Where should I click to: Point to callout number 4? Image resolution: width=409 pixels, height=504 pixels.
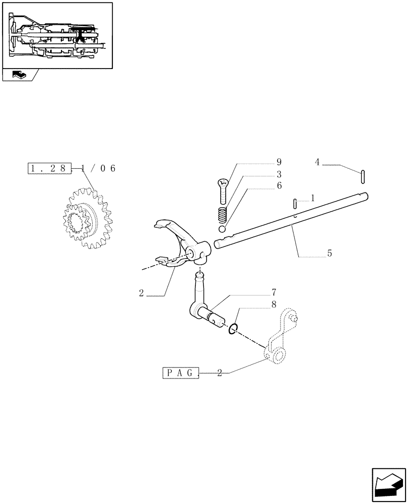tap(317, 162)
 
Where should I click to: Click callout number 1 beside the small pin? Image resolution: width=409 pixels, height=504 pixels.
tap(313, 199)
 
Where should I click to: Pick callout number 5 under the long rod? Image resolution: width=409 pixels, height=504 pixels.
tap(329, 254)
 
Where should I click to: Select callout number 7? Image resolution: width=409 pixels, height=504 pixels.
tap(274, 292)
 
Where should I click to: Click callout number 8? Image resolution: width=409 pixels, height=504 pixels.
tap(274, 304)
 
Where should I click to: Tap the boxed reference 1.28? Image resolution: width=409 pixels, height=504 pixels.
tap(48, 168)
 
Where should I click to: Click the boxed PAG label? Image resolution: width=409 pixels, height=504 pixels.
tap(181, 373)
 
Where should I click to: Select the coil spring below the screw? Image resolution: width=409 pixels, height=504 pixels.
tap(222, 215)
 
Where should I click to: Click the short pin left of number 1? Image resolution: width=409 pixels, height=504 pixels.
tap(295, 203)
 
